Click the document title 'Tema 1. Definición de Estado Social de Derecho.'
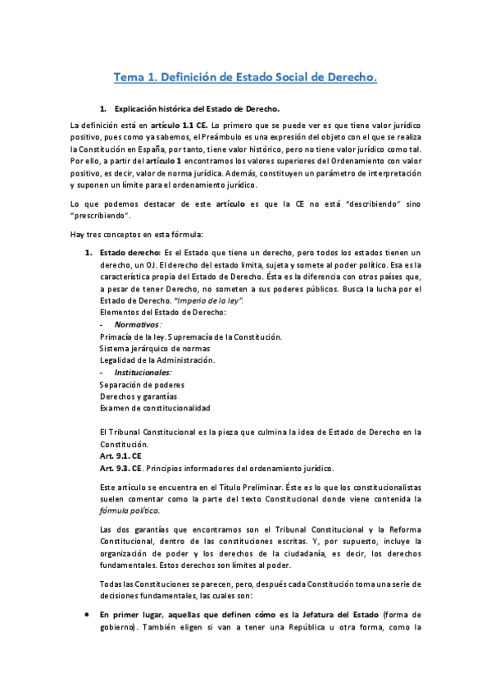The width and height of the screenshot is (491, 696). click(245, 78)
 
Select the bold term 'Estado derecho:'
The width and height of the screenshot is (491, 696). click(130, 252)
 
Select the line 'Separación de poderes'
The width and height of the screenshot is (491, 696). click(141, 384)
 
